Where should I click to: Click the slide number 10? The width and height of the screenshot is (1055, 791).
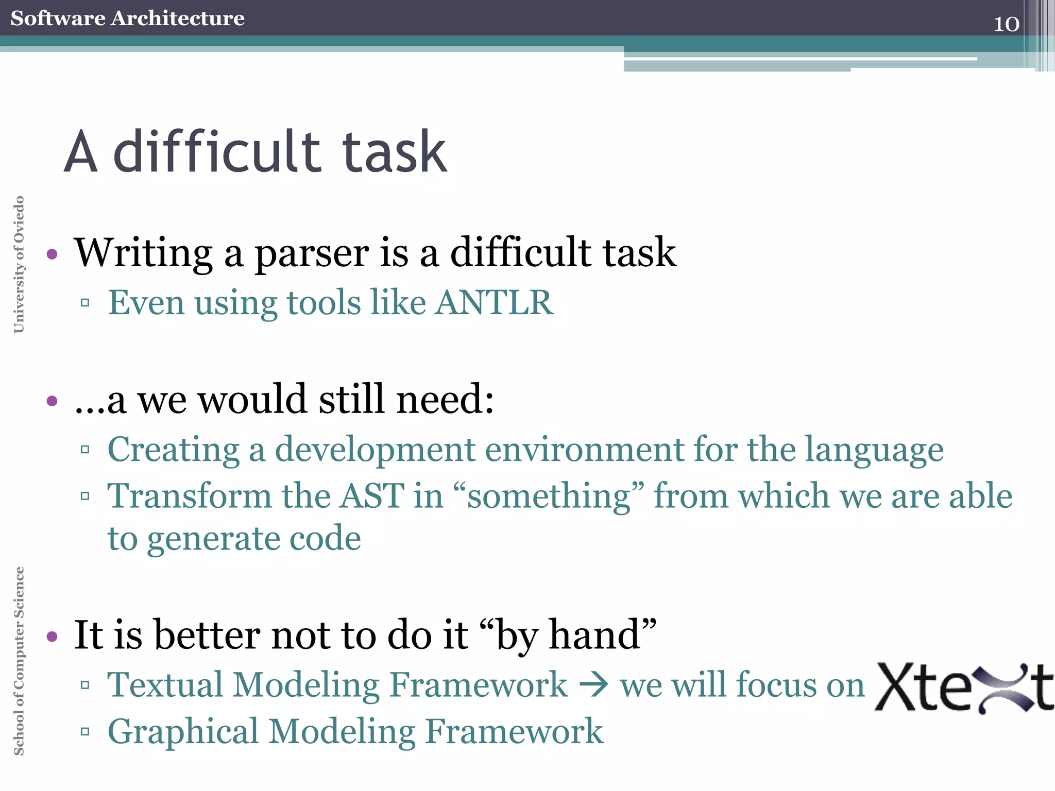1006,24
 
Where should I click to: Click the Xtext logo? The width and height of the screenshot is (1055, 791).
964,687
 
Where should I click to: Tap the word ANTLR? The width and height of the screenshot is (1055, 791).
495,302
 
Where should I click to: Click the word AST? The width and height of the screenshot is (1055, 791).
372,496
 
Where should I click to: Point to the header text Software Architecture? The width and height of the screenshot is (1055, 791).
127,18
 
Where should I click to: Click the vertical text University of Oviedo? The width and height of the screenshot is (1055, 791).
19,264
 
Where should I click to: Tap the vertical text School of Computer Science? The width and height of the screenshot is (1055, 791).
19,661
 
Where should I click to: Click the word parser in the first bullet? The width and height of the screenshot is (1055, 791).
311,253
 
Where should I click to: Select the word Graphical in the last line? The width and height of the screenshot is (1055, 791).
183,731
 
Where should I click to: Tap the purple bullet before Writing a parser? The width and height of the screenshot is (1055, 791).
52,254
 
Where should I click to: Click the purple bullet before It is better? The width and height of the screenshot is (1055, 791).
52,637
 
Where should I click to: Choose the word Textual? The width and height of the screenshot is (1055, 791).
165,685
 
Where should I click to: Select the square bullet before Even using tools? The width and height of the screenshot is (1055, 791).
85,303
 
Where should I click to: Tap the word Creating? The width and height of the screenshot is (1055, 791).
173,450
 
